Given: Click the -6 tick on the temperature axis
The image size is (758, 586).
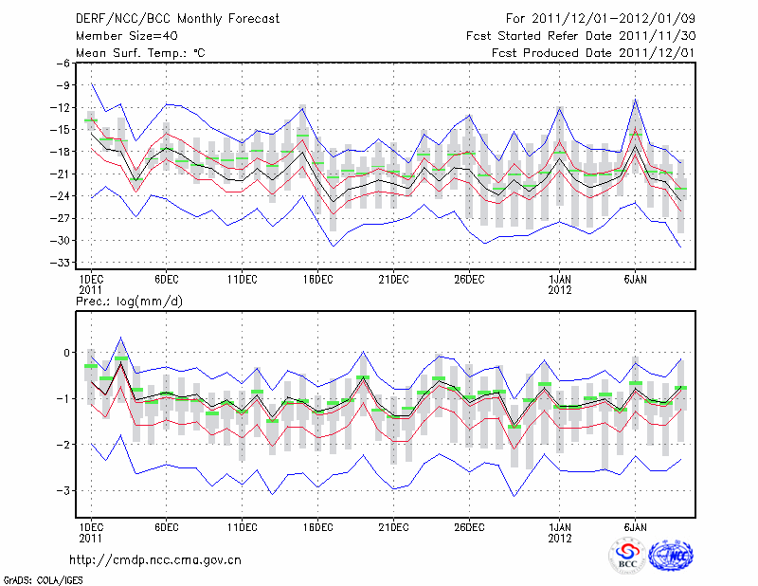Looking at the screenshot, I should click(x=63, y=64).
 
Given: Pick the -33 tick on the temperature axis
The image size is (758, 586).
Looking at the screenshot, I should click(x=60, y=263).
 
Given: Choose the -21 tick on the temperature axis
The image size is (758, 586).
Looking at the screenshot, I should click(x=60, y=174).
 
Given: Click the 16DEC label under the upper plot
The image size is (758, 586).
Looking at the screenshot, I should click(x=317, y=279).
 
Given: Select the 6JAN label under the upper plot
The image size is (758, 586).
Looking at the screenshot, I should click(x=636, y=279).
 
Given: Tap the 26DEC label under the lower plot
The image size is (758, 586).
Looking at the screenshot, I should click(x=469, y=526).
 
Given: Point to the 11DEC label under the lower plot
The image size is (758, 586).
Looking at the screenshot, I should click(x=242, y=526).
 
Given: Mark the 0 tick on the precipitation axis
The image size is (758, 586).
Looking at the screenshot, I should click(x=66, y=353).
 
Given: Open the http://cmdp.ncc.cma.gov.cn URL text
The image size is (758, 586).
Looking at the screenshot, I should click(x=155, y=559).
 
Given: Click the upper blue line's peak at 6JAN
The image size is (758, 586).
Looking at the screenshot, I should click(x=635, y=99).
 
